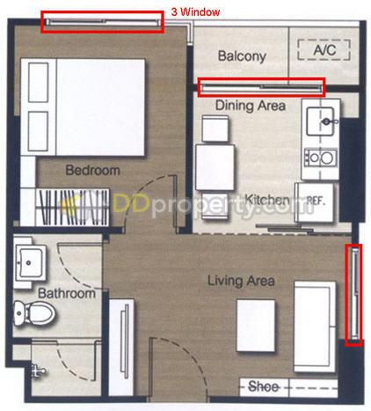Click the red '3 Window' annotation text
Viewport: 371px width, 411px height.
(195, 12)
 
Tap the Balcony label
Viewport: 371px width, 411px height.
(242, 56)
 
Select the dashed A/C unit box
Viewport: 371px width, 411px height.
(324, 49)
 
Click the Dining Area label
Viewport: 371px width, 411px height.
(251, 106)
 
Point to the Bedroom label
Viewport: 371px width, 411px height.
(93, 170)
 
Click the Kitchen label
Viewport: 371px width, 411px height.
(266, 200)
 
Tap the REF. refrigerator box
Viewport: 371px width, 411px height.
(315, 202)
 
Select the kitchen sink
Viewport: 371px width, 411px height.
(320, 121)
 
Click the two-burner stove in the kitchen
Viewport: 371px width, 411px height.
(321, 158)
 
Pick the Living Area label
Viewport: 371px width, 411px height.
(241, 281)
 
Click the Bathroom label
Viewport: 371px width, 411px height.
(67, 293)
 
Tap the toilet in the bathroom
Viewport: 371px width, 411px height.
(34, 313)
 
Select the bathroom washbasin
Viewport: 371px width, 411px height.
(30, 262)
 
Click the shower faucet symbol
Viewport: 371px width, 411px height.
(38, 371)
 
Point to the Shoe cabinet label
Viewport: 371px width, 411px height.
(263, 386)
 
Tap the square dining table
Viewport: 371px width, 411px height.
(215, 167)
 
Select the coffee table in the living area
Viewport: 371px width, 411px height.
(256, 326)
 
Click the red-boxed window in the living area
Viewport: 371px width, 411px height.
(353, 295)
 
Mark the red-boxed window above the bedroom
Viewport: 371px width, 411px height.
(102, 22)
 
